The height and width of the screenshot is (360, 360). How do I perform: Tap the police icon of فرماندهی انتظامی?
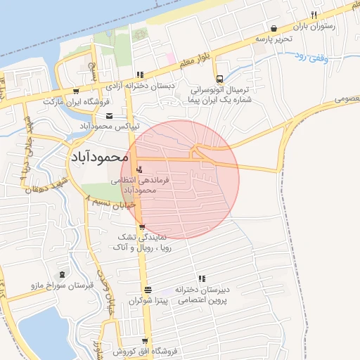(x=139, y=169)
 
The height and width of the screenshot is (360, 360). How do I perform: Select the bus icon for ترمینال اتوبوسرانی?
(x=220, y=79)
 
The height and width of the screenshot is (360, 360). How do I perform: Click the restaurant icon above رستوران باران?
(x=314, y=15)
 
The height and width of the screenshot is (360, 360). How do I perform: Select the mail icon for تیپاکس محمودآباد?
(x=108, y=116)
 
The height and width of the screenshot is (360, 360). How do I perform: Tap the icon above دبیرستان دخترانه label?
(x=202, y=279)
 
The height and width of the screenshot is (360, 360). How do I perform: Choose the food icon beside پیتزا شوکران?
(x=148, y=290)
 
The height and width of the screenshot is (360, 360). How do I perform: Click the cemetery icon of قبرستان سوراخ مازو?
(x=63, y=274)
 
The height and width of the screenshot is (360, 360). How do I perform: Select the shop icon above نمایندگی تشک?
(x=143, y=226)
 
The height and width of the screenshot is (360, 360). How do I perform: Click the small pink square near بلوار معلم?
(x=169, y=56)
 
